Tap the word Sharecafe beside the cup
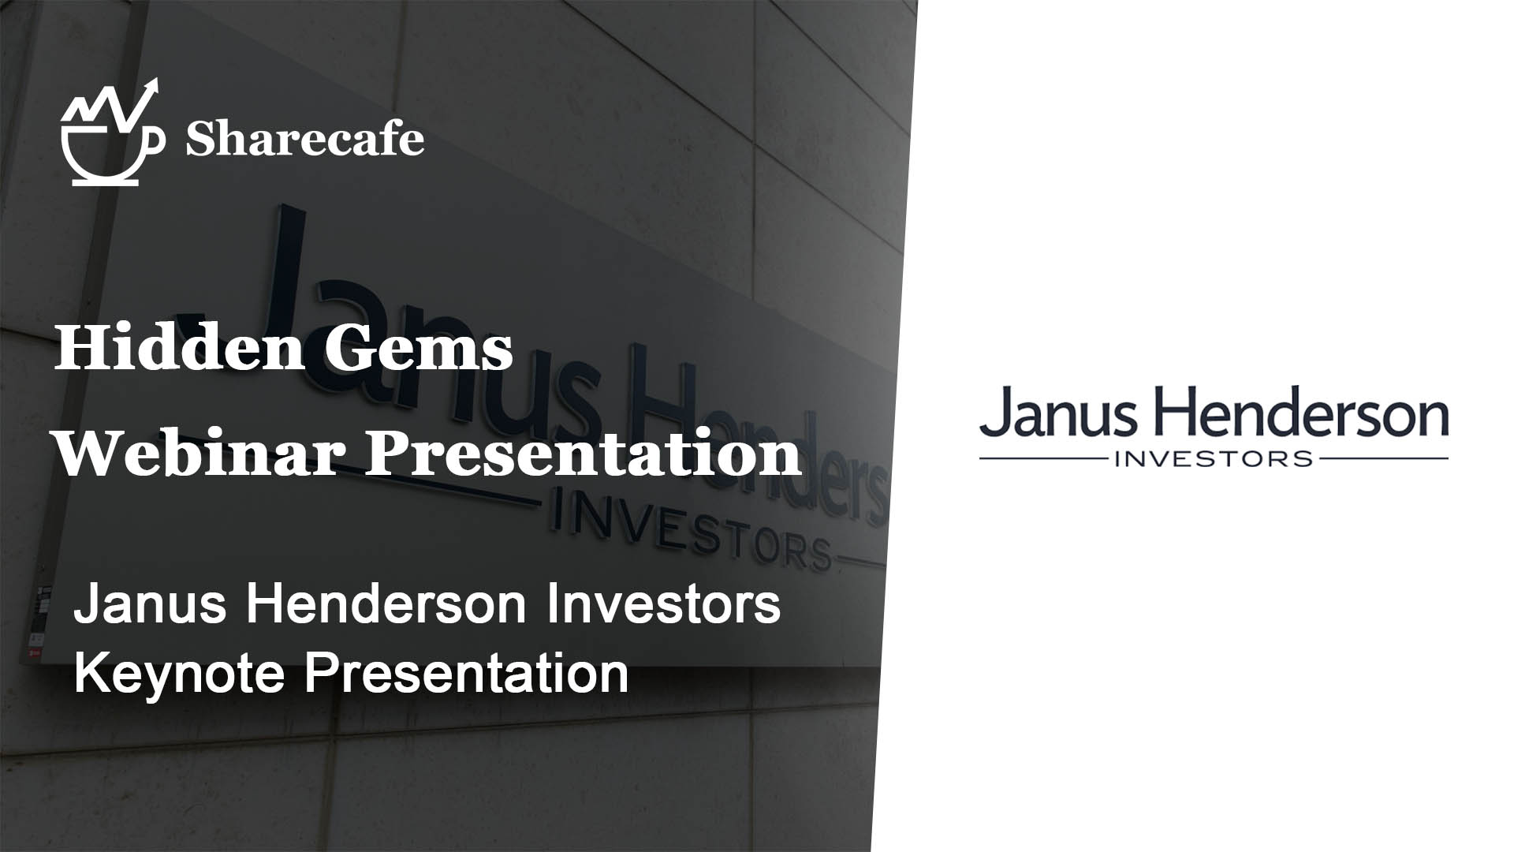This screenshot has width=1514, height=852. [305, 140]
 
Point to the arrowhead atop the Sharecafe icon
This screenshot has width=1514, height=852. [151, 87]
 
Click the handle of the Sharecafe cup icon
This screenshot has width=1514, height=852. [155, 140]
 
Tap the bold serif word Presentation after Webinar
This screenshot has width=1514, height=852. [583, 456]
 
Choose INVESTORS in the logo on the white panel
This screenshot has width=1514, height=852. [1214, 458]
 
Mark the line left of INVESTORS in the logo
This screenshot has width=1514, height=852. [1043, 458]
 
